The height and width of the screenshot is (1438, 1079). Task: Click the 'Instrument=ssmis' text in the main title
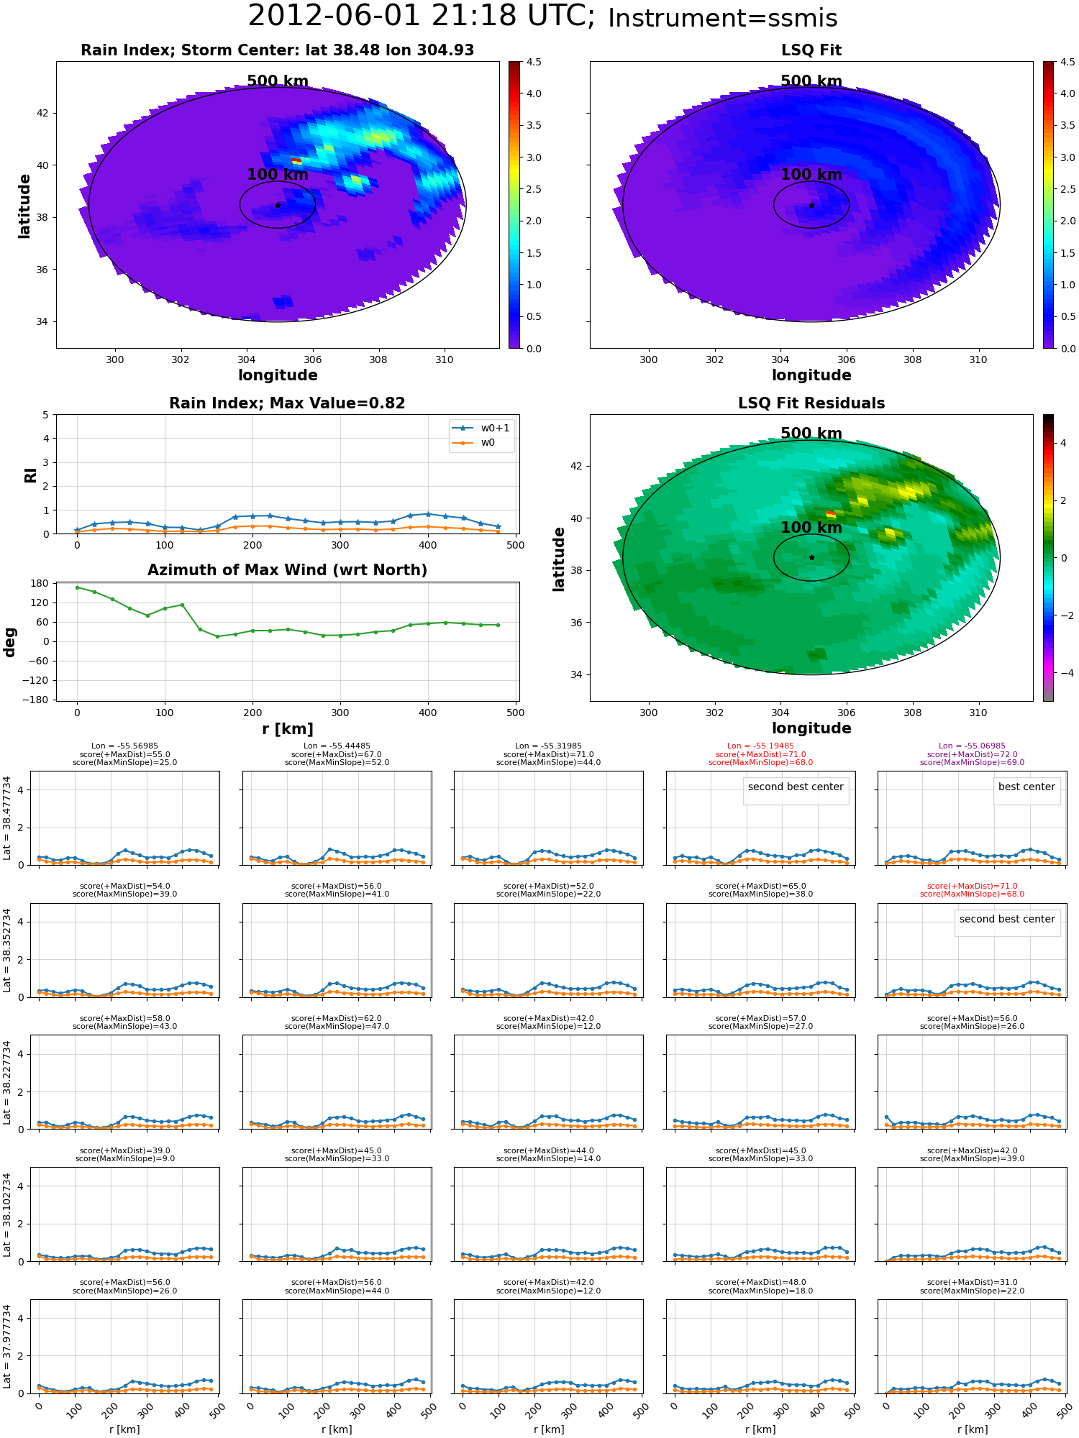pyautogui.click(x=722, y=18)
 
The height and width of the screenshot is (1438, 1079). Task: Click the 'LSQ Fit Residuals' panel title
pyautogui.click(x=811, y=403)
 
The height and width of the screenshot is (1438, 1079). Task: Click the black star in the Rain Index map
pyautogui.click(x=278, y=205)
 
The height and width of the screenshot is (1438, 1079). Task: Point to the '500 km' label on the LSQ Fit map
pyautogui.click(x=811, y=81)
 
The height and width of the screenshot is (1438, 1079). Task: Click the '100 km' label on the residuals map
pyautogui.click(x=811, y=528)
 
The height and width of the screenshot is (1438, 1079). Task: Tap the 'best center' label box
pyautogui.click(x=1026, y=787)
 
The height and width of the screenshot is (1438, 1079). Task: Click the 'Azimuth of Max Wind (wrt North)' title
pyautogui.click(x=287, y=570)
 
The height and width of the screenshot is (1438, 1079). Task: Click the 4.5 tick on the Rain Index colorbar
pyautogui.click(x=534, y=62)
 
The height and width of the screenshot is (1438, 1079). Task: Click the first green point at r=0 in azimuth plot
pyautogui.click(x=77, y=587)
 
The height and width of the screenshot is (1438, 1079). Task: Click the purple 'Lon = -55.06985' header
pyautogui.click(x=972, y=746)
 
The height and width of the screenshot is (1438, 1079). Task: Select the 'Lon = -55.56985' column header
pyautogui.click(x=124, y=746)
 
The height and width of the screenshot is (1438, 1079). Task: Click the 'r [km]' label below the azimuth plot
pyautogui.click(x=287, y=729)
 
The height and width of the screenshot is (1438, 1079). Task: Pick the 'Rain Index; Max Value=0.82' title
pyautogui.click(x=287, y=403)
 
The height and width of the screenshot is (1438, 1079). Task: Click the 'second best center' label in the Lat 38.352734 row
pyautogui.click(x=1007, y=920)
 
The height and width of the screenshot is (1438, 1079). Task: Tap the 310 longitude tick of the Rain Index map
pyautogui.click(x=444, y=359)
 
